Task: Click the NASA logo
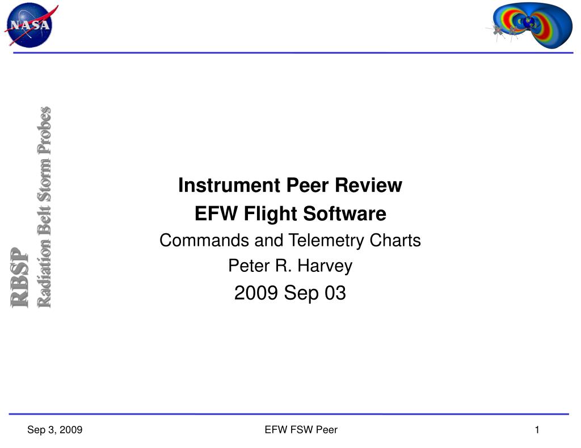[31, 25]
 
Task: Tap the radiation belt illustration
[530, 25]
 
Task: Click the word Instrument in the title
[229, 185]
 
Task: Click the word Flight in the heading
[271, 214]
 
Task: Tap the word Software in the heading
[345, 214]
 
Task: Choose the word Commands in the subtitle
[204, 241]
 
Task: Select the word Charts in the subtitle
[395, 241]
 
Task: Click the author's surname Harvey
[325, 266]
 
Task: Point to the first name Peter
[249, 266]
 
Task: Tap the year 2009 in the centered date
[256, 293]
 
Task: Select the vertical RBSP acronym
[20, 278]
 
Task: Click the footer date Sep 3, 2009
[55, 430]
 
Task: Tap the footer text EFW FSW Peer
[301, 430]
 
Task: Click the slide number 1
[537, 430]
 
